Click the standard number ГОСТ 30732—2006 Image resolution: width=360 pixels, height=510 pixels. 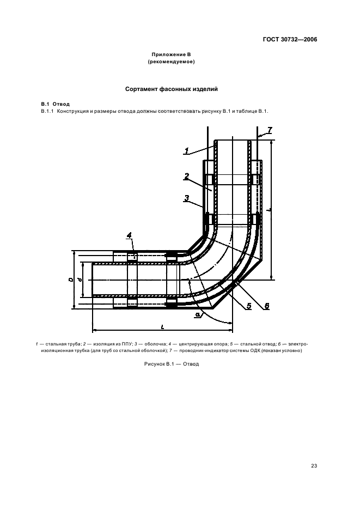coord(290,40)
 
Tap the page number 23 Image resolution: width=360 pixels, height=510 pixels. coord(314,466)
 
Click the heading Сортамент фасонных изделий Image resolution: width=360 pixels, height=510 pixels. coord(172,89)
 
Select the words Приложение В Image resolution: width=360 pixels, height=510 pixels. coord(171,54)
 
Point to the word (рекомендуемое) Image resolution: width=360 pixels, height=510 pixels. coord(171,62)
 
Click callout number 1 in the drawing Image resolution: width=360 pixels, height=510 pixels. coord(187,150)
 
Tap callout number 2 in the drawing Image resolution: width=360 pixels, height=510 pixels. coord(187,177)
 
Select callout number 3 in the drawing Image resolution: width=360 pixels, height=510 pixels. coord(187,198)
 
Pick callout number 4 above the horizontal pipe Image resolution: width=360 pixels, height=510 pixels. coord(130,235)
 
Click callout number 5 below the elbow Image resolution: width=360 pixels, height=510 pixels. coord(249,306)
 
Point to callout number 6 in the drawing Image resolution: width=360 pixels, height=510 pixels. coord(267,306)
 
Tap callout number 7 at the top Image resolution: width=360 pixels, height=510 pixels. coord(270,130)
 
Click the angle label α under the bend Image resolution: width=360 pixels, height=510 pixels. coord(197,314)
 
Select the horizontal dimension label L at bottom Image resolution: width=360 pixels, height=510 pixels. coord(162,327)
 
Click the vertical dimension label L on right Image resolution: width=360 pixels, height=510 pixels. coord(267,210)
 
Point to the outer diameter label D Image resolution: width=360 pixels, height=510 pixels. coord(71,279)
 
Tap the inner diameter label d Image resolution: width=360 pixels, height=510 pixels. coord(80,280)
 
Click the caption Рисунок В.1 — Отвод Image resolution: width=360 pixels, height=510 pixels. coord(172,364)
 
